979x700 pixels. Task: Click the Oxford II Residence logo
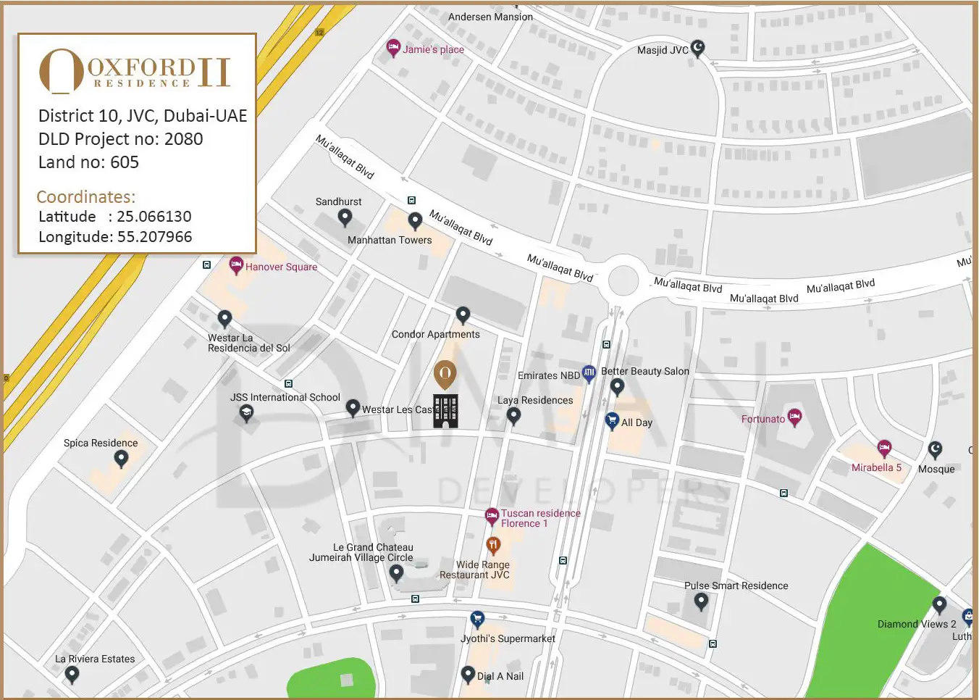tap(135, 72)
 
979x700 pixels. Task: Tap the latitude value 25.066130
tap(154, 217)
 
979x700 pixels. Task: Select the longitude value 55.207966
tap(154, 237)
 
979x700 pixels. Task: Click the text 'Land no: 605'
tap(88, 162)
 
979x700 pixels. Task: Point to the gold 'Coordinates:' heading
tap(86, 197)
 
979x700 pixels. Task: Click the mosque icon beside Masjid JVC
tap(697, 48)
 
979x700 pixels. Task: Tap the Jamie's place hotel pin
tap(393, 48)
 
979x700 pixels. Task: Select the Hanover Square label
tap(281, 267)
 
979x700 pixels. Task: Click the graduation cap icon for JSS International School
tap(247, 413)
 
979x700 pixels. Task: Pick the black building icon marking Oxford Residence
tap(445, 411)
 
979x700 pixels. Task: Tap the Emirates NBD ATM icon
tap(589, 373)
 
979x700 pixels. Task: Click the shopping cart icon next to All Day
tap(612, 420)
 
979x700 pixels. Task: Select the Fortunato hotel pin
tap(794, 417)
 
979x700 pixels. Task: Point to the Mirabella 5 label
tap(876, 467)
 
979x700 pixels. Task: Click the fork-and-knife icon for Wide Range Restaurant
tap(493, 544)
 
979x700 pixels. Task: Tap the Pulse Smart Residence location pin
tap(701, 601)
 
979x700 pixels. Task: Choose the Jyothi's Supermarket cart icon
tap(477, 619)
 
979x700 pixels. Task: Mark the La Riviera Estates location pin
tap(72, 674)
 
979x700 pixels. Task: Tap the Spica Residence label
tap(101, 443)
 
